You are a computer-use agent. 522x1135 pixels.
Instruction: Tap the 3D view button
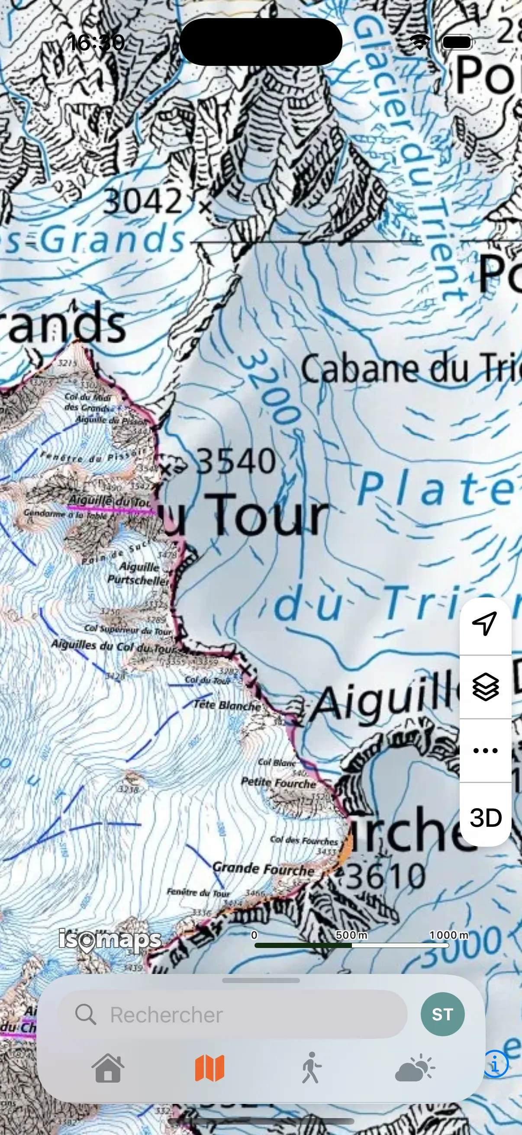(486, 818)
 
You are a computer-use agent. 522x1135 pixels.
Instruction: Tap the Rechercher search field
(232, 1015)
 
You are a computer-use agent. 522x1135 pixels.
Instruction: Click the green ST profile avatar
(442, 1014)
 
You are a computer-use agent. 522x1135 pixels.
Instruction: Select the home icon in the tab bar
(108, 1068)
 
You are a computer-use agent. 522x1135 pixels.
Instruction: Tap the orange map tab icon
(209, 1068)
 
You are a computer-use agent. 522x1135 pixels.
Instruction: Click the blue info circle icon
(496, 1064)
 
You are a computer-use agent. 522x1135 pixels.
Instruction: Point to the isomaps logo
(110, 940)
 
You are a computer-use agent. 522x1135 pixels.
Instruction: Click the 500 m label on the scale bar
(351, 935)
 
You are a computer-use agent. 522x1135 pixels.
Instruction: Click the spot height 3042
(142, 201)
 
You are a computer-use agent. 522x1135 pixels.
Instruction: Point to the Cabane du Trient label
(409, 369)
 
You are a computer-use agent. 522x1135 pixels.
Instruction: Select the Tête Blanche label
(227, 706)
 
